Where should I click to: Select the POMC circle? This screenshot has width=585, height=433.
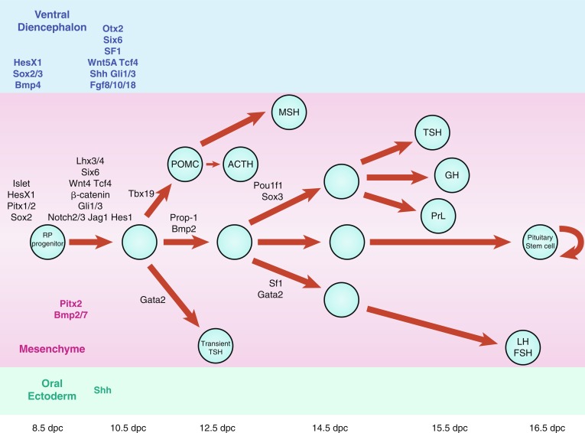pos(185,163)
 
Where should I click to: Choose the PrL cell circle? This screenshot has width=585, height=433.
pos(438,216)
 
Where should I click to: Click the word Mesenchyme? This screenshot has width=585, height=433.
pos(52,350)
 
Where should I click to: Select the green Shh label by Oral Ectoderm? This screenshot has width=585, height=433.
pos(103,389)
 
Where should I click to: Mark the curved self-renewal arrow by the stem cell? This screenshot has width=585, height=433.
pos(572,242)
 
